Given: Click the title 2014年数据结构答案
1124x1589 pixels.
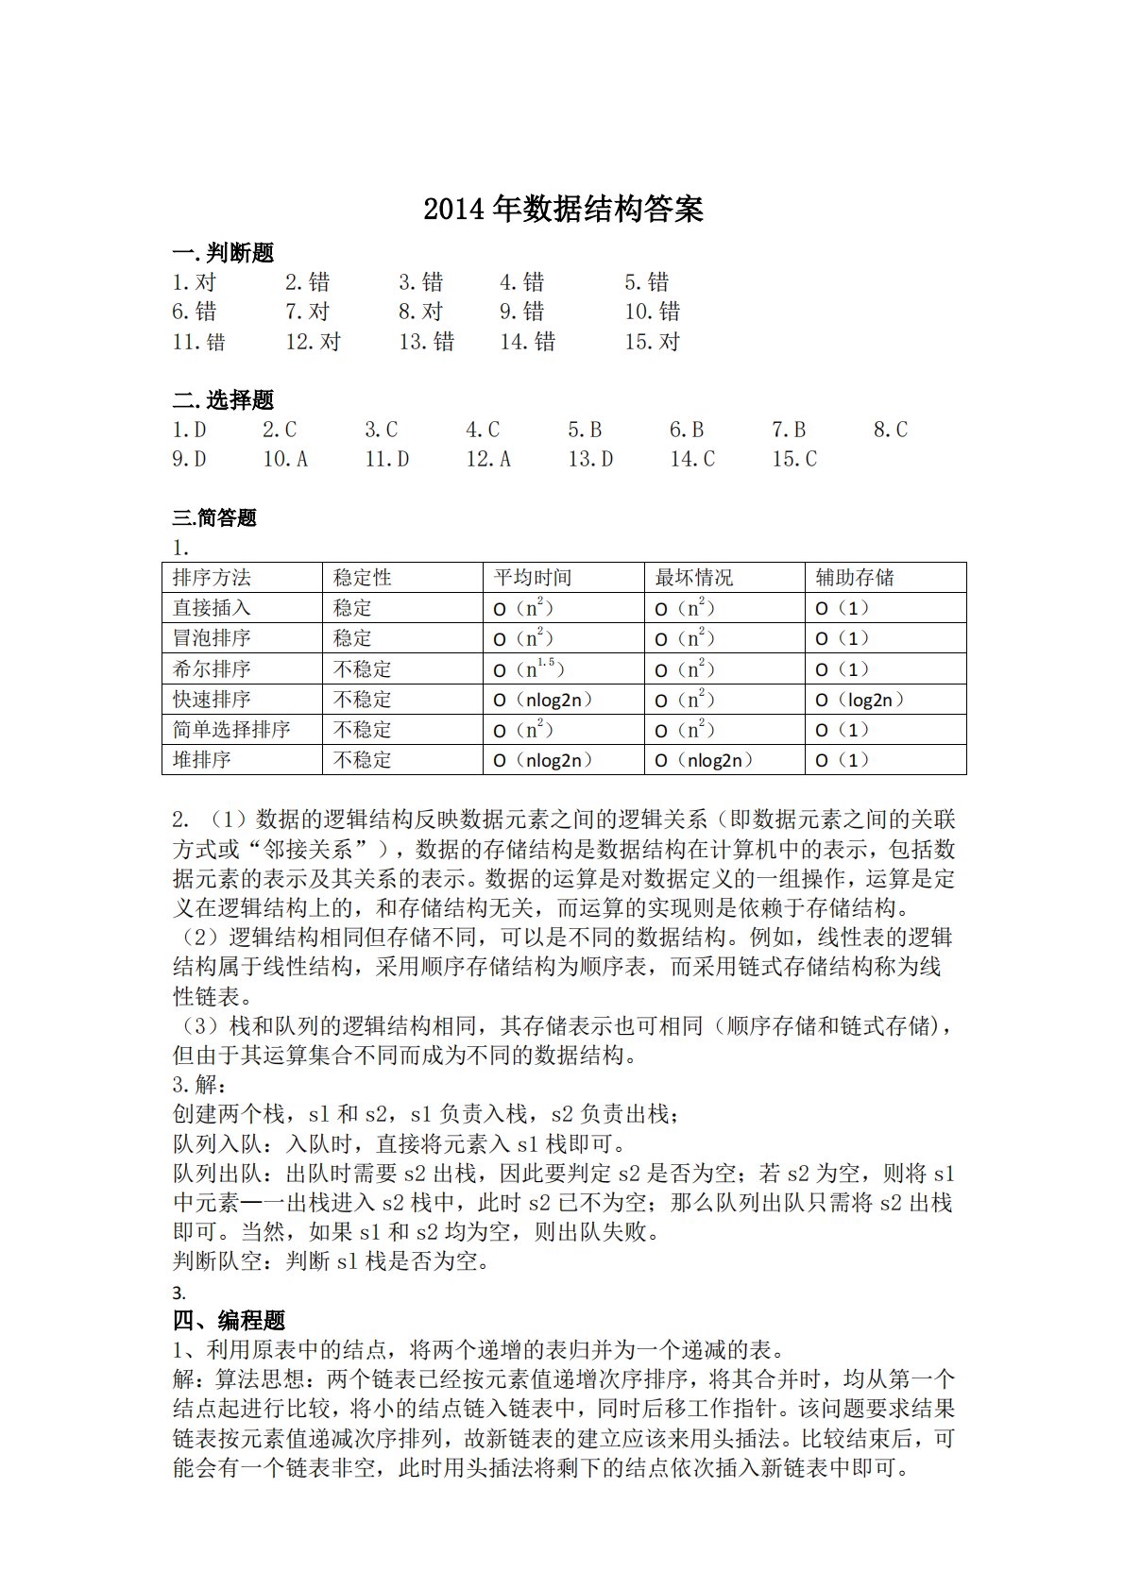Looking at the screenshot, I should [563, 209].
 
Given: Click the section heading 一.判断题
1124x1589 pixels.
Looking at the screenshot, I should [223, 252].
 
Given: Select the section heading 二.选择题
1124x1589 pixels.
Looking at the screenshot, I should [223, 399].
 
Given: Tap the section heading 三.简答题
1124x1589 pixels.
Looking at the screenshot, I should [214, 517].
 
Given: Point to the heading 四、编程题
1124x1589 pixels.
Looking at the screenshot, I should [229, 1320].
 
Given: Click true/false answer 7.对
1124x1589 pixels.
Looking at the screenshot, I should [308, 312].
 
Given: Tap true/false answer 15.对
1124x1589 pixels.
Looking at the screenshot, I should [652, 342].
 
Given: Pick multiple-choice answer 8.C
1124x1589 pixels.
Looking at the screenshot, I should [890, 431].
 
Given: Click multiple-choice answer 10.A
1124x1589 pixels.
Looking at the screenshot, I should [285, 460].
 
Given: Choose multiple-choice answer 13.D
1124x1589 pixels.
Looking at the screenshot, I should [590, 460].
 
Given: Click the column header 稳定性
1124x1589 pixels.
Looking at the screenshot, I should [363, 578].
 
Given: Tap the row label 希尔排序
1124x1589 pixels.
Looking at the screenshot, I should [213, 669].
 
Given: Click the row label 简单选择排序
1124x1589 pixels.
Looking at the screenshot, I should [231, 730].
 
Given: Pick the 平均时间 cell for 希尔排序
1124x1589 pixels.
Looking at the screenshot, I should [529, 669].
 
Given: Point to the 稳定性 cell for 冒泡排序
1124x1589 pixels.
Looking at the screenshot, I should [353, 638].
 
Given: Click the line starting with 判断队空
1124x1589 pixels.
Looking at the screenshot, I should [331, 1261].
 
